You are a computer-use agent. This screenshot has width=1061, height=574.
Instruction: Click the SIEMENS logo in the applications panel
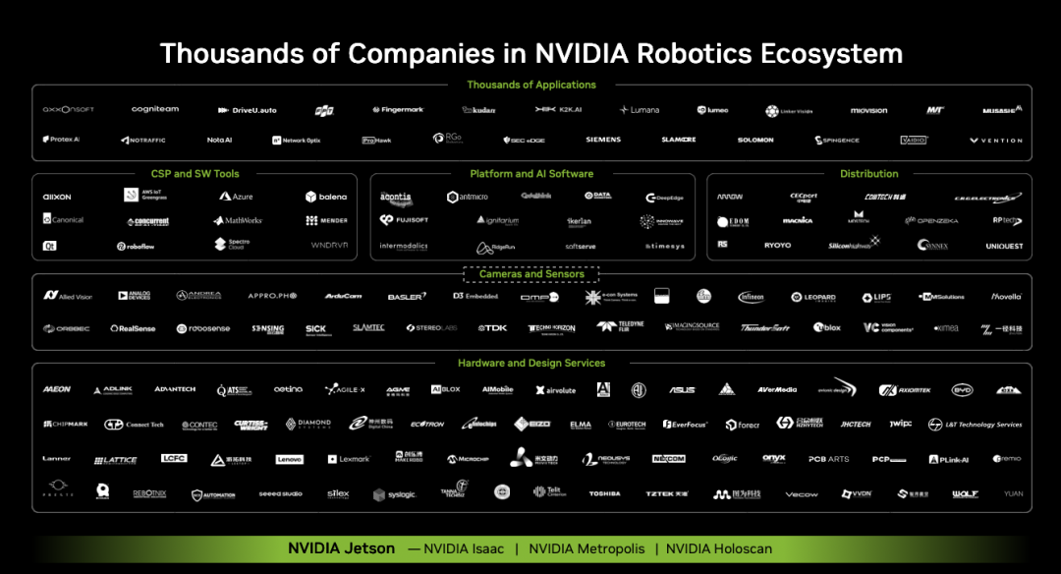[603, 140]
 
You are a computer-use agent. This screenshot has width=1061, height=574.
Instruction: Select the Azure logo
[236, 197]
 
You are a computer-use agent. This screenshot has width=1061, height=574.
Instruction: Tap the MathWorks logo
[237, 220]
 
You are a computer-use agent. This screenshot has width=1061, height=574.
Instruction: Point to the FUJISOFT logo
[405, 220]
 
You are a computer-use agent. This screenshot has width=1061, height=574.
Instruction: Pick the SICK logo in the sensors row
[315, 329]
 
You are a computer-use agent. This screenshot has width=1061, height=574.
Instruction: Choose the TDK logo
[492, 328]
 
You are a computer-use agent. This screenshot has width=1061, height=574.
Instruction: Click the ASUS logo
[682, 390]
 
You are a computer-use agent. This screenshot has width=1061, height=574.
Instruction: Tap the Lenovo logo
[289, 459]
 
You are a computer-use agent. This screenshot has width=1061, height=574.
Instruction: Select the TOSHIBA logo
[604, 493]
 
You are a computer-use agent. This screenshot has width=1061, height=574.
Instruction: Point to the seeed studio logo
[281, 493]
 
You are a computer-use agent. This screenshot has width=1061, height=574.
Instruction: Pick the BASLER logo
[407, 296]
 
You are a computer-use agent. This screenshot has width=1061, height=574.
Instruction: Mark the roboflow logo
[137, 247]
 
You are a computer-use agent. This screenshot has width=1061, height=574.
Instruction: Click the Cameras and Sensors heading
[531, 274]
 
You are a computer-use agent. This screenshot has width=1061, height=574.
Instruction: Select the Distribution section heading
[868, 174]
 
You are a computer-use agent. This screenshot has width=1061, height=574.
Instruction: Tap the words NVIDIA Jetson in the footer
[341, 548]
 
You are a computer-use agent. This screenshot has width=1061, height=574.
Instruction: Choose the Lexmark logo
[349, 459]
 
